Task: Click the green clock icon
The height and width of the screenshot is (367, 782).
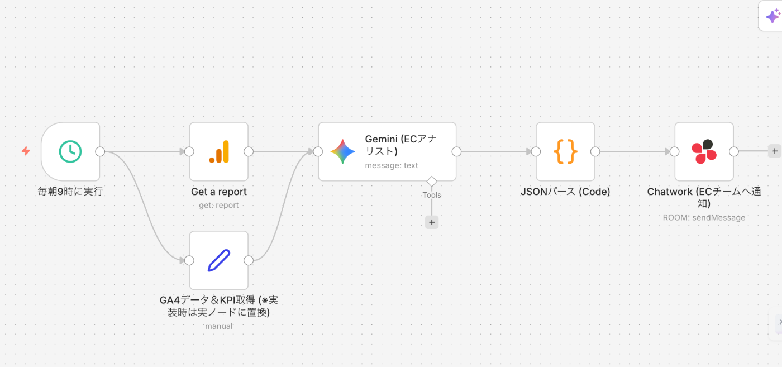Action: (70, 151)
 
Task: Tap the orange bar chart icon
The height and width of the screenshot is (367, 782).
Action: (219, 151)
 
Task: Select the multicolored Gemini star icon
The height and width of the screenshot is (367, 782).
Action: (342, 151)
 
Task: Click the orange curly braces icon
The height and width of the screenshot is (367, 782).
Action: (565, 151)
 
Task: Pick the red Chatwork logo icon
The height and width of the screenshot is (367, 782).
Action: (704, 151)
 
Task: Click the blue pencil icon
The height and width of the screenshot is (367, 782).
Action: (219, 260)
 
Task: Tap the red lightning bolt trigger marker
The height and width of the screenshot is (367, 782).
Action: (26, 151)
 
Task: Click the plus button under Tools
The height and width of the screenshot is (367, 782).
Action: (432, 222)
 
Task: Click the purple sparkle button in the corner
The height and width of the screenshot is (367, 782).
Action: (773, 16)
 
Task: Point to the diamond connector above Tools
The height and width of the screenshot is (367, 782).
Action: (432, 181)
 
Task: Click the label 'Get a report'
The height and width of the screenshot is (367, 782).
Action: (219, 192)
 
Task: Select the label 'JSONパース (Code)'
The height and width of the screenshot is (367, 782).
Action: (565, 192)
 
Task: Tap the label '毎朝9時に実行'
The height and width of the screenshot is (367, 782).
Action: (70, 192)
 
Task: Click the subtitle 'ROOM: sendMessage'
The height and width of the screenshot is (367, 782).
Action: (704, 218)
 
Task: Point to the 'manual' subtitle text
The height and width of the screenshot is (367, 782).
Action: (219, 326)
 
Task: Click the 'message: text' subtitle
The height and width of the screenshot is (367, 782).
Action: (392, 165)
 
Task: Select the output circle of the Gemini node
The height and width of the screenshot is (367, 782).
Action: (456, 151)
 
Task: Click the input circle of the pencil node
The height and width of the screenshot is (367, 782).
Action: (189, 260)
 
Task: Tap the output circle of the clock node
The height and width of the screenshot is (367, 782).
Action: (100, 151)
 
